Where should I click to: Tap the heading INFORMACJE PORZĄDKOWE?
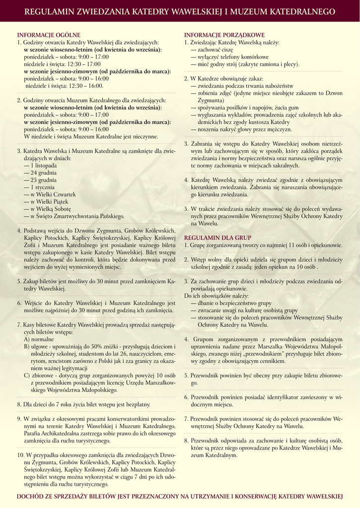coord(224,35)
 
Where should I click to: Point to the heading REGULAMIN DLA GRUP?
coord(217,238)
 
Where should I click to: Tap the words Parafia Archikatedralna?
coord(54,433)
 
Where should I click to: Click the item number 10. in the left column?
coord(21,455)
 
